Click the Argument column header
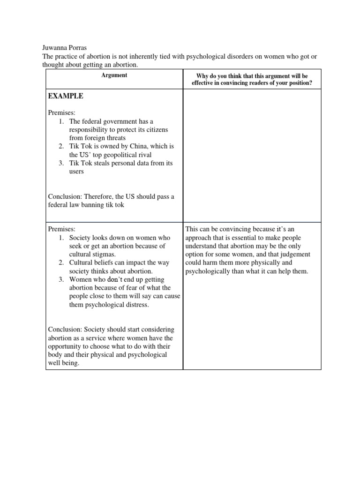coord(114,75)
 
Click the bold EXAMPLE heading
coord(66,96)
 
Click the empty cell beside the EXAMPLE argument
coord(252,155)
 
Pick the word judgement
coord(300,255)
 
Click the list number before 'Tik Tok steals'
coord(61,163)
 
